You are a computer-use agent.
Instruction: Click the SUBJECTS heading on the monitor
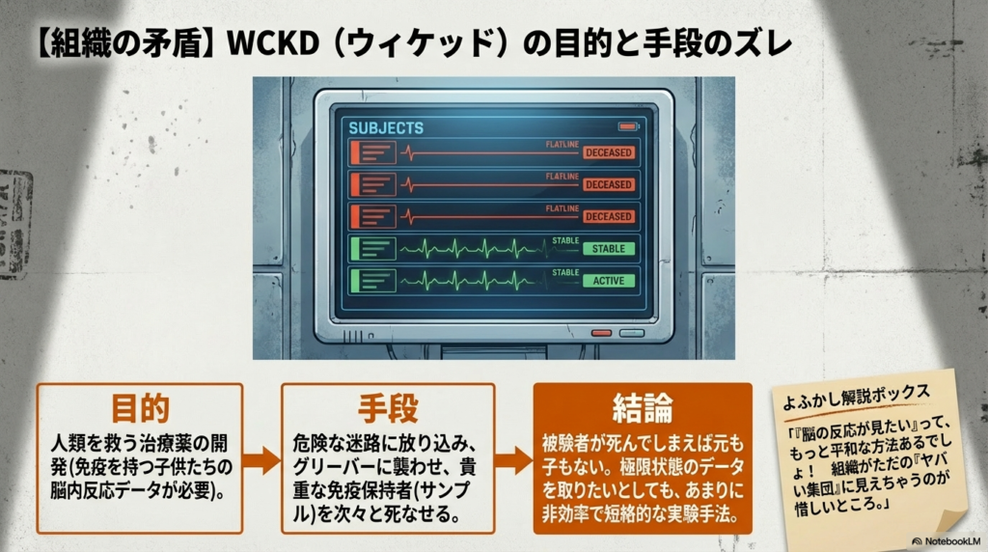point(385,127)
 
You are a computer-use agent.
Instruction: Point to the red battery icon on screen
point(627,126)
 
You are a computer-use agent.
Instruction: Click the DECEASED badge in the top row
point(608,152)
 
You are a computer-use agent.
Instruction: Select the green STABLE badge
point(608,249)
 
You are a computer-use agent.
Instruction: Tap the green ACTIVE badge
point(608,281)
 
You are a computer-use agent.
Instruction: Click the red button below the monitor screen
point(601,333)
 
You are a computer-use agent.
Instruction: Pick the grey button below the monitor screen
point(631,333)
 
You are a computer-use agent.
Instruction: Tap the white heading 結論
point(642,406)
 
